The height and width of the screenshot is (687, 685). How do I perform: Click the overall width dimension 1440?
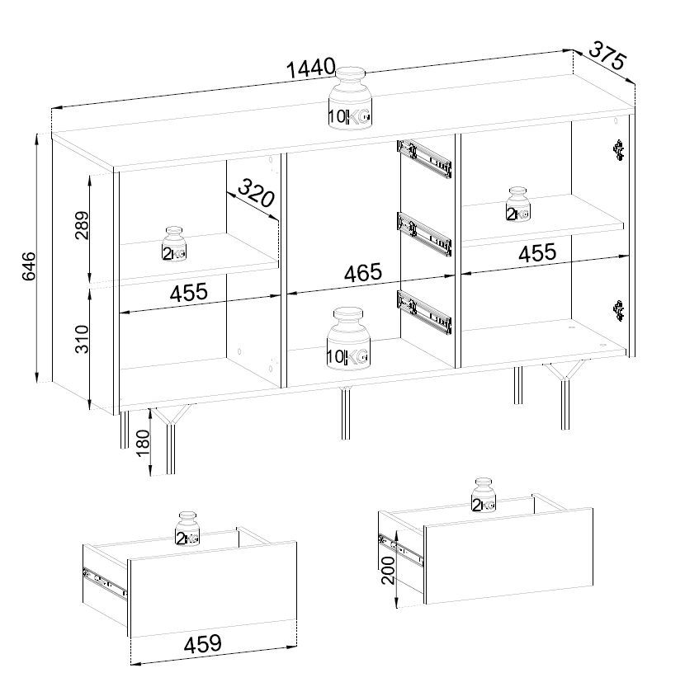click(x=310, y=68)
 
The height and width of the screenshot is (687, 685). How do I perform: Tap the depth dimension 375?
click(x=607, y=54)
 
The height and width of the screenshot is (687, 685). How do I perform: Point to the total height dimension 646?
click(x=29, y=266)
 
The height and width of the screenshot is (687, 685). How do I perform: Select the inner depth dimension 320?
click(x=257, y=193)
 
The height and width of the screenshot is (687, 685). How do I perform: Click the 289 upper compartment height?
click(x=82, y=225)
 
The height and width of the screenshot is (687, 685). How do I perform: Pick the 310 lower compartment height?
click(x=82, y=339)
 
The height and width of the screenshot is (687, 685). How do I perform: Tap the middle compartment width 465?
click(x=363, y=272)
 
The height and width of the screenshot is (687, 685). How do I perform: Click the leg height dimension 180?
click(x=143, y=443)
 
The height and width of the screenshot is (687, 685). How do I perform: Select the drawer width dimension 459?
click(x=202, y=643)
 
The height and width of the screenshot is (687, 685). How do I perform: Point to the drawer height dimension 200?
click(x=388, y=571)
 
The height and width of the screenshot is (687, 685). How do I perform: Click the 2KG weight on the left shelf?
click(x=174, y=244)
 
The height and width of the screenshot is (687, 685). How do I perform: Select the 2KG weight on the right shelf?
click(x=518, y=205)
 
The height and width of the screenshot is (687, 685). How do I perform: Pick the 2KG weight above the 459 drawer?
click(x=187, y=529)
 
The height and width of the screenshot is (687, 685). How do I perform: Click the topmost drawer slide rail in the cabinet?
click(x=424, y=158)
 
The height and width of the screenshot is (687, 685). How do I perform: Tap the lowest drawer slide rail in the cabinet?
click(x=424, y=310)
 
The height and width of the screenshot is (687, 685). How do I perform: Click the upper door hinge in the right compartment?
click(x=618, y=150)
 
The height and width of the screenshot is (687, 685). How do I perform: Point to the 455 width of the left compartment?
click(x=188, y=292)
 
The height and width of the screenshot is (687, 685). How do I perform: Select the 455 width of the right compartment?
click(x=537, y=253)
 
